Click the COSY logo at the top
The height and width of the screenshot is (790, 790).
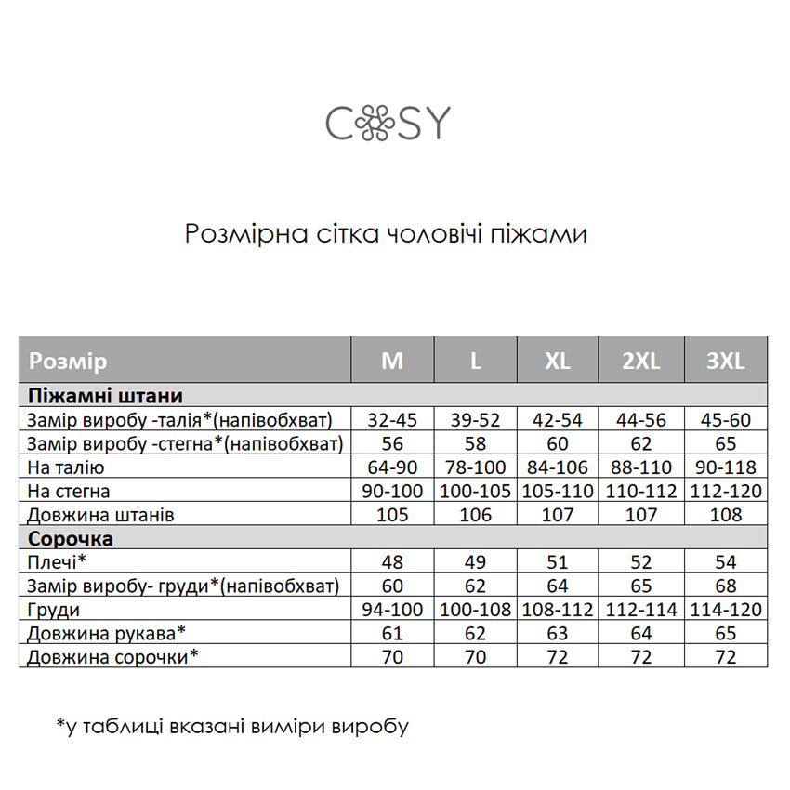pyautogui.click(x=387, y=122)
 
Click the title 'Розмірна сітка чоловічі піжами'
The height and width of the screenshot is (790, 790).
pyautogui.click(x=386, y=232)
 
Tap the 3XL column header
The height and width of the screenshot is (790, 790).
pyautogui.click(x=725, y=361)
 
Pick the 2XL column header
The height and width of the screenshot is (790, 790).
pyautogui.click(x=641, y=361)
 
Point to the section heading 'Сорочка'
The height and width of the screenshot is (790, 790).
pyautogui.click(x=71, y=538)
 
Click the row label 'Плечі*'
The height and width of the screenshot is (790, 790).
pyautogui.click(x=57, y=562)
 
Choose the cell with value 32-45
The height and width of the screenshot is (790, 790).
pyautogui.click(x=392, y=419)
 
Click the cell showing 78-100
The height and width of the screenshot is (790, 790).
pyautogui.click(x=475, y=467)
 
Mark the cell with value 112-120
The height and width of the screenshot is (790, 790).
pyautogui.click(x=725, y=491)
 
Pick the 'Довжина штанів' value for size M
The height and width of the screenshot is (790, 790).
pyautogui.click(x=392, y=515)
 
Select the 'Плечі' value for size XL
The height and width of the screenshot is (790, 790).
pyautogui.click(x=558, y=562)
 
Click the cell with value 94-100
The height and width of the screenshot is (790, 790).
pyautogui.click(x=392, y=610)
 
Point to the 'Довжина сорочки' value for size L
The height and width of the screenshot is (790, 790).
pyautogui.click(x=475, y=657)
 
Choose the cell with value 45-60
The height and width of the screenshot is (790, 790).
pyautogui.click(x=725, y=419)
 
